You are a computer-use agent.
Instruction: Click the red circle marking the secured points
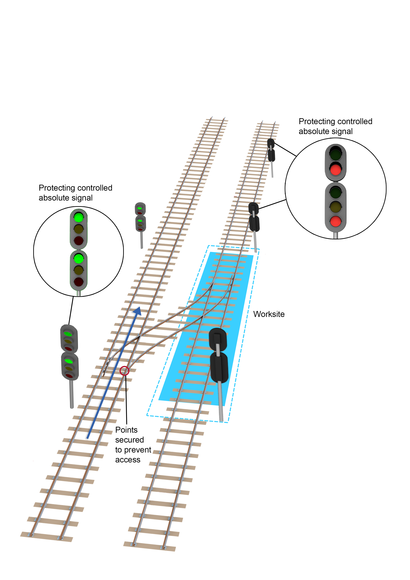124,371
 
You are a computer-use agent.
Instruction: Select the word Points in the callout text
126,430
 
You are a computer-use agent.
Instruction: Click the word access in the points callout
128,460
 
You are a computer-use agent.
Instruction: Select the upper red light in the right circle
335,169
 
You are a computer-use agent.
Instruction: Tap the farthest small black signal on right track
271,150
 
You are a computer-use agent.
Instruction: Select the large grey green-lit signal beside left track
69,352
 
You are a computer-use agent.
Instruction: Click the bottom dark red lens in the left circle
79,282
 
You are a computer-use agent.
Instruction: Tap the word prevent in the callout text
138,450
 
